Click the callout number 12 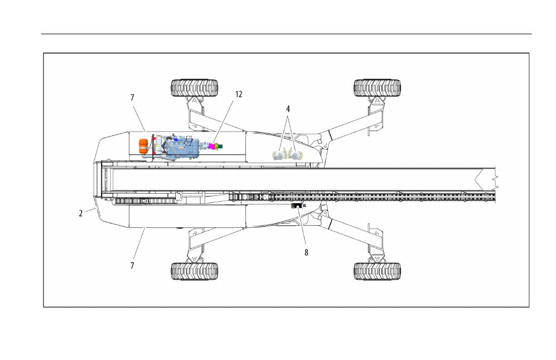(x=238, y=94)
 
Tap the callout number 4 (x=288, y=109)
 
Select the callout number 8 (x=306, y=252)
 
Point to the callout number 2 (x=81, y=213)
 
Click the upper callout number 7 (x=132, y=97)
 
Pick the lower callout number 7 (x=132, y=266)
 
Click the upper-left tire (x=194, y=88)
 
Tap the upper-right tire (x=377, y=88)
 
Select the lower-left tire (x=194, y=271)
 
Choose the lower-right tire (x=377, y=271)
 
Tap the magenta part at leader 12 (x=214, y=146)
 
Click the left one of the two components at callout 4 (x=280, y=155)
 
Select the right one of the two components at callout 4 (x=295, y=155)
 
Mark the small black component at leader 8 (x=297, y=206)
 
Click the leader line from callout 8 (x=302, y=227)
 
